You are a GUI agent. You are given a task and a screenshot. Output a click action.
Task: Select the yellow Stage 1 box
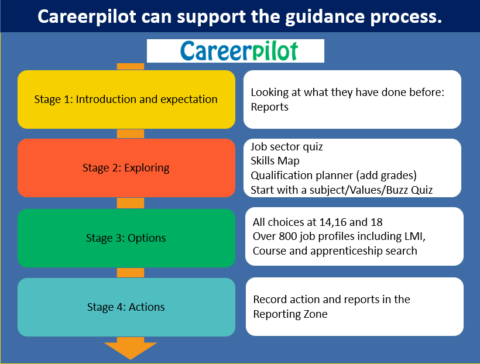tap(126, 99)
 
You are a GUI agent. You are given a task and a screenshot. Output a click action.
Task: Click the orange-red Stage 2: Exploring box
tap(126, 168)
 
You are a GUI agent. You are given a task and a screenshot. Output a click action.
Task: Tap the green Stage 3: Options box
tap(126, 238)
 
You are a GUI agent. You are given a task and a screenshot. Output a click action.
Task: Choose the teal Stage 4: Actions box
tap(126, 307)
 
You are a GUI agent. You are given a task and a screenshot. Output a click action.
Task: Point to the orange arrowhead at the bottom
tap(131, 349)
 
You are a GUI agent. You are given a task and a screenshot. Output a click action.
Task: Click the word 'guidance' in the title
tap(325, 17)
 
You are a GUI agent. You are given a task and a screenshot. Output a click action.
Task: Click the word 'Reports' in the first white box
tap(269, 107)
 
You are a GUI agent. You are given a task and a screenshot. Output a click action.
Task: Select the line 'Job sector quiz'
tap(287, 147)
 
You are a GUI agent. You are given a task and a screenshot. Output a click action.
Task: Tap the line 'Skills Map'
tap(275, 161)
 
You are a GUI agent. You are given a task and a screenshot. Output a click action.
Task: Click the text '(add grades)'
tap(386, 176)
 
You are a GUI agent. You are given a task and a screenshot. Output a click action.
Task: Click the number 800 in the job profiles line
tap(288, 236)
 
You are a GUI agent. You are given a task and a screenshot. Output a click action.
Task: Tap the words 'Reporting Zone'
tap(290, 314)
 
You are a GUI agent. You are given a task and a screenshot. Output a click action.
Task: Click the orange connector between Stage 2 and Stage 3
tap(131, 203)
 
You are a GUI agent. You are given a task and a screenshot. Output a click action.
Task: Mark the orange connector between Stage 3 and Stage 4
tap(131, 273)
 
